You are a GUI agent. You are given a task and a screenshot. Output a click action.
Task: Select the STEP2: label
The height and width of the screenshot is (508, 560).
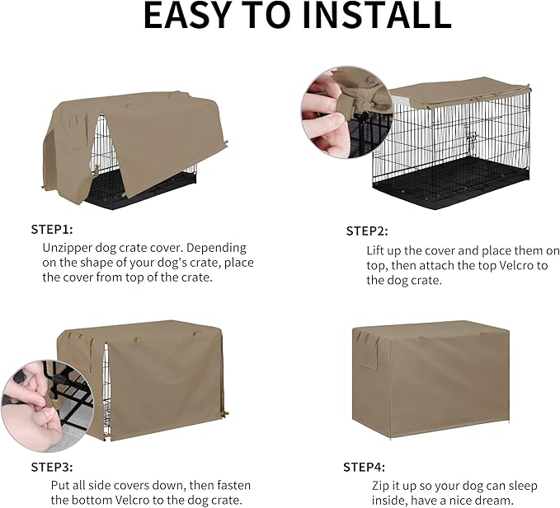click(367, 231)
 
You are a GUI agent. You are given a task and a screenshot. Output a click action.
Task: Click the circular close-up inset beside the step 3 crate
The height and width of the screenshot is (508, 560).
click(35, 400)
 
